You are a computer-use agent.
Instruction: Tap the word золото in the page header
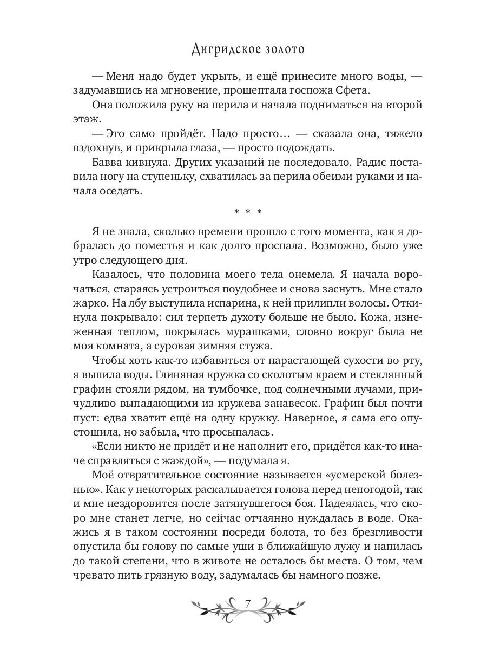click(282, 49)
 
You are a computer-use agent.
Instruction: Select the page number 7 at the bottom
click(247, 604)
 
